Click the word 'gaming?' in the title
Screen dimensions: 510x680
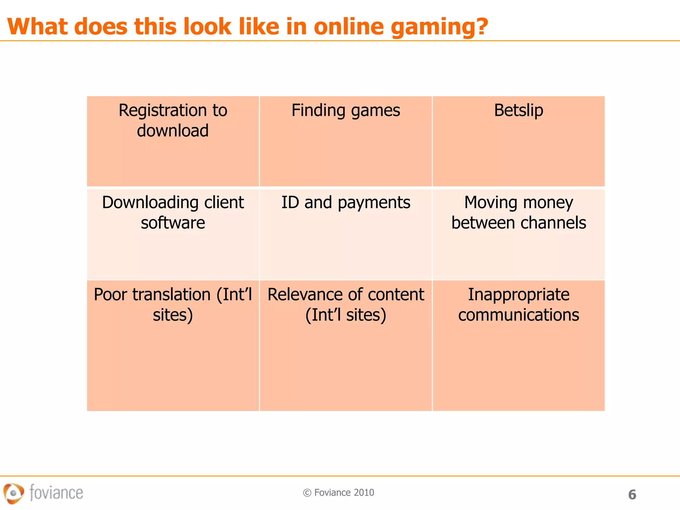[x=439, y=27]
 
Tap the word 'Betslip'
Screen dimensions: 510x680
[x=518, y=111]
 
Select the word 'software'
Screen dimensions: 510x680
[x=173, y=223]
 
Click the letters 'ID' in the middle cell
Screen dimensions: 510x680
[x=290, y=203]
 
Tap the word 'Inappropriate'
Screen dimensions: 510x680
[x=519, y=295]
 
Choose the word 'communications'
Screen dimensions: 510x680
[x=519, y=315]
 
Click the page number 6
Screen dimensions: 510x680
[x=632, y=495]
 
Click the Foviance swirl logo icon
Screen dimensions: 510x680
[x=14, y=493]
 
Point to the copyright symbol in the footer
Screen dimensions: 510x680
[x=307, y=493]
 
